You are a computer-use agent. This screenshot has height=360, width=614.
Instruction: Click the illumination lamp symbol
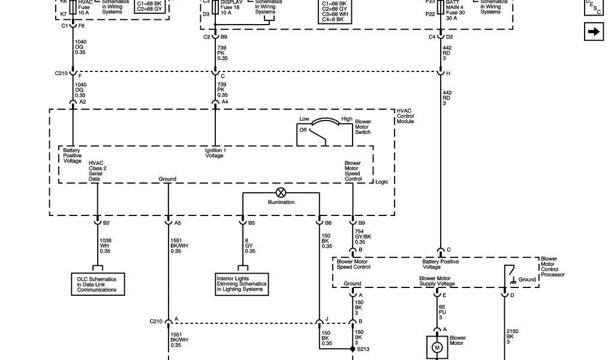click(281, 193)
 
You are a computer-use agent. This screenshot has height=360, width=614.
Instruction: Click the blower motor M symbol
click(437, 347)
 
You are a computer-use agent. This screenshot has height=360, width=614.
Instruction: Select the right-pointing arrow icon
click(594, 32)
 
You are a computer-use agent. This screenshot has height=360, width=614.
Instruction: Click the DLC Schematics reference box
click(97, 284)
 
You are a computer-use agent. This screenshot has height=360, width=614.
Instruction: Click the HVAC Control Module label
click(405, 116)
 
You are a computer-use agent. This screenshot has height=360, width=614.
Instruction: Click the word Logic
click(382, 181)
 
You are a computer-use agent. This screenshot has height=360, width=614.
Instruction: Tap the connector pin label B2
click(106, 223)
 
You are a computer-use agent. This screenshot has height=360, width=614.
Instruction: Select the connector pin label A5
click(177, 223)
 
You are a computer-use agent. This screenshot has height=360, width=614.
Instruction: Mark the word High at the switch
click(347, 119)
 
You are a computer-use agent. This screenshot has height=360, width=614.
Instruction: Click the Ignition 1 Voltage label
click(215, 153)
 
